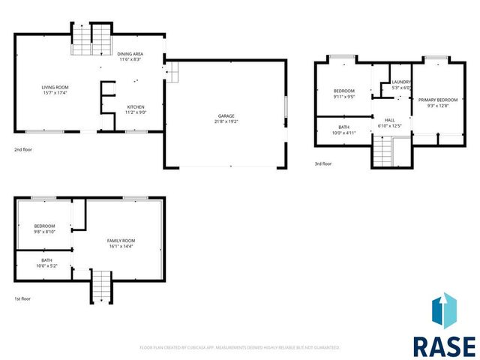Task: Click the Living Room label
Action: coord(55,88)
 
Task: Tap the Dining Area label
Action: coord(130,54)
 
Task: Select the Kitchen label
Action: coord(136,106)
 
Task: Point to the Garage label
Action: coord(226,115)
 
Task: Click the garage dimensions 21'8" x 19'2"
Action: coord(226,121)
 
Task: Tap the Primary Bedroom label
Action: coord(437,100)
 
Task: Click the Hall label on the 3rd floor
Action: coord(390,120)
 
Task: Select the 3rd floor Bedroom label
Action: coord(344,91)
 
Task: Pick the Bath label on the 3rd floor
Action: coord(343,127)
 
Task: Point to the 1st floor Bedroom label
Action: coord(44,226)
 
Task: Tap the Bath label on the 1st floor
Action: coord(46,260)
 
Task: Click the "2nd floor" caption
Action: coord(23,149)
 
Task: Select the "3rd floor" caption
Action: coord(322,163)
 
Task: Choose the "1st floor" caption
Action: coord(23,299)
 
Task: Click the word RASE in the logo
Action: coord(444,346)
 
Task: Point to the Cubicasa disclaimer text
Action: coord(240,348)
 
